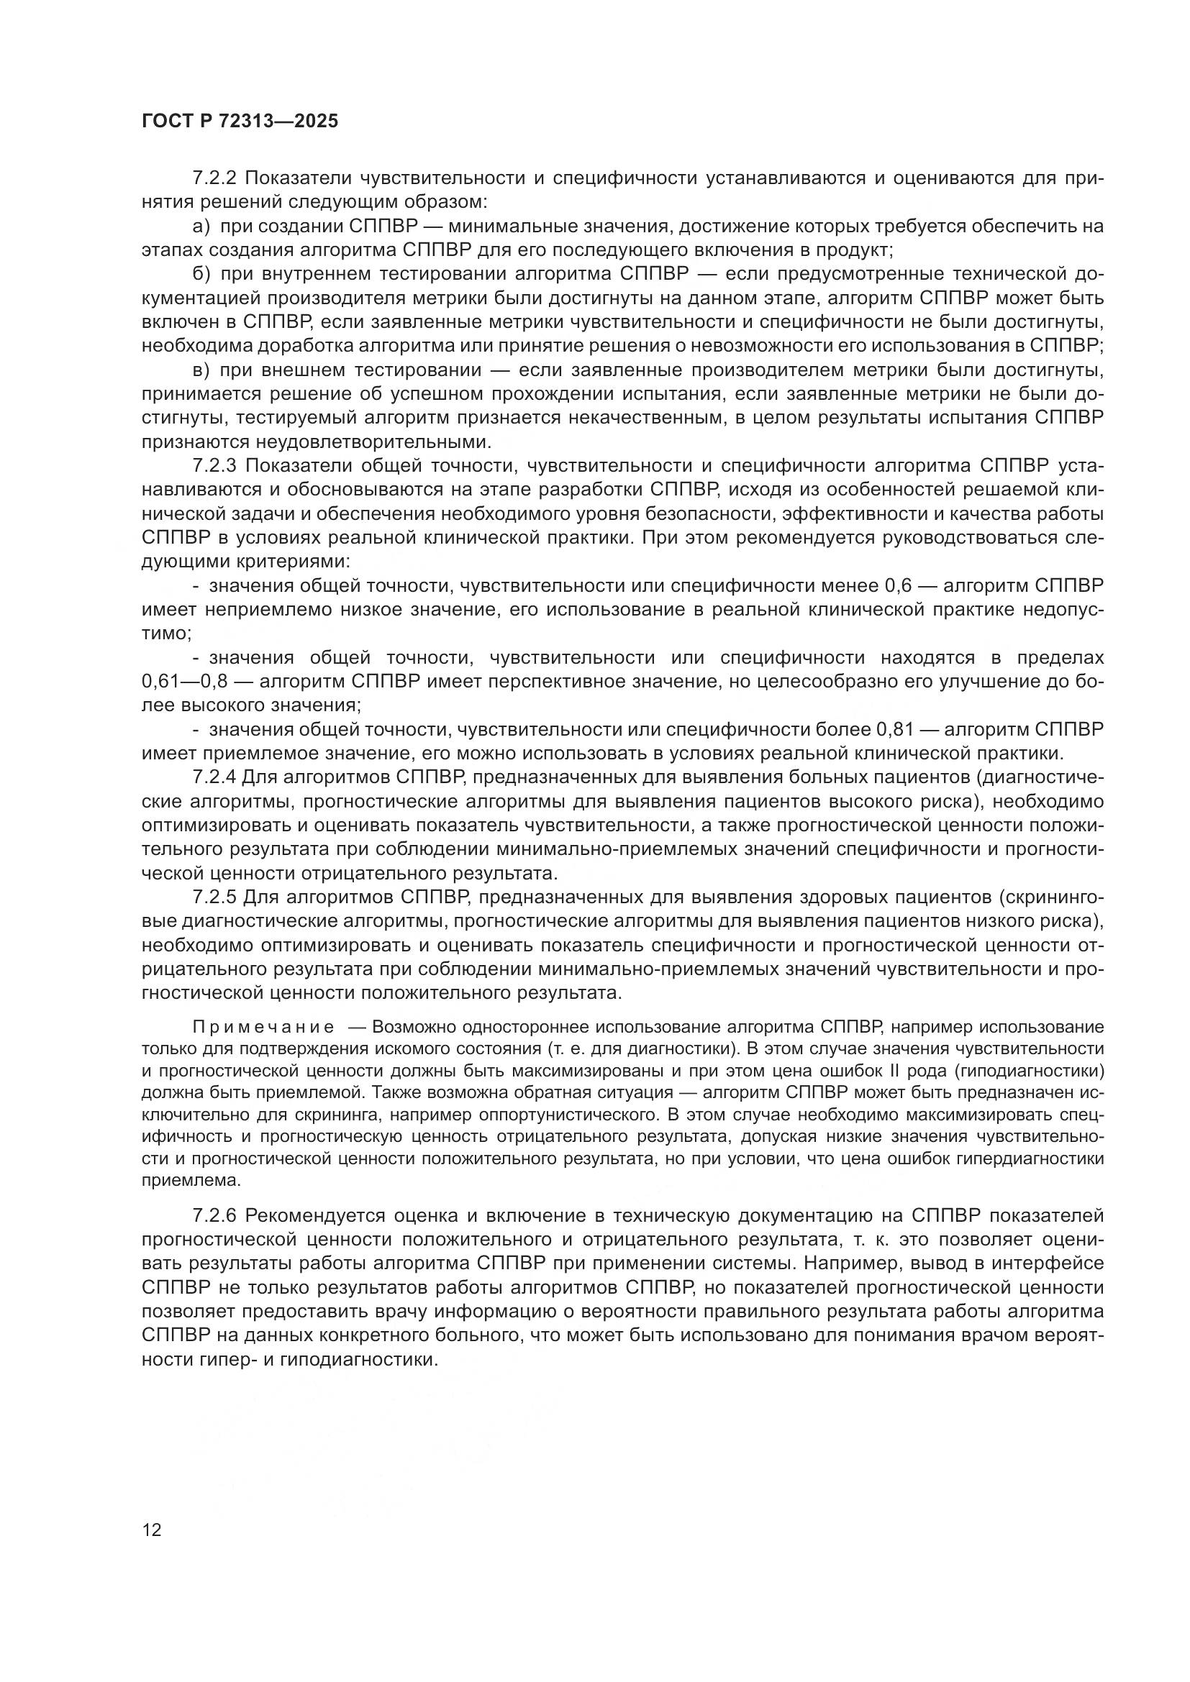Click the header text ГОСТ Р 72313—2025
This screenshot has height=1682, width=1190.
click(240, 121)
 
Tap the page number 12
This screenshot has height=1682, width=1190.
click(152, 1530)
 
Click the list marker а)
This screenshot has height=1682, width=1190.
click(201, 227)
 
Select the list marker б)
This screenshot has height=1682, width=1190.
click(201, 275)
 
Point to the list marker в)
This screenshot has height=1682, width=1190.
click(201, 370)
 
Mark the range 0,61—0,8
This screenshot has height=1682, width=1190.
click(186, 681)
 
